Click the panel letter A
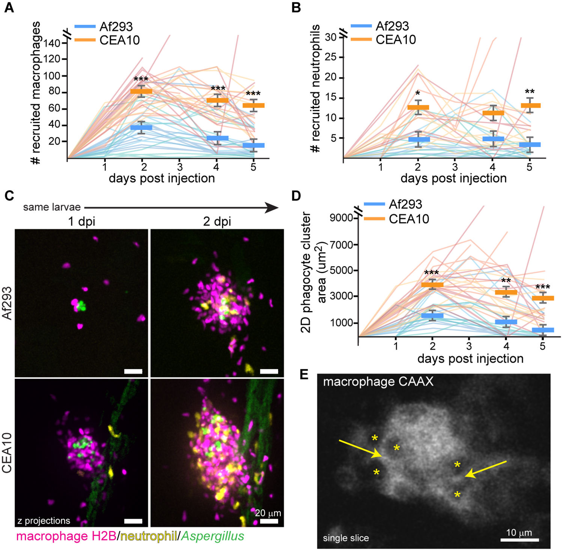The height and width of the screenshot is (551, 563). click(9, 7)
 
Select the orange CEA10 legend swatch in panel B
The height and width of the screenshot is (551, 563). click(361, 39)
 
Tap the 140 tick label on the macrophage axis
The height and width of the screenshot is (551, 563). click(52, 43)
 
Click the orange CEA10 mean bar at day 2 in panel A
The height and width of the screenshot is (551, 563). click(141, 91)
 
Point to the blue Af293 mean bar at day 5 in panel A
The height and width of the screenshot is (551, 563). click(253, 145)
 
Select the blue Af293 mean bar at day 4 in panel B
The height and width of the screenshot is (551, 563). click(493, 139)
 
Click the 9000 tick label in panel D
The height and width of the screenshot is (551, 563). click(342, 218)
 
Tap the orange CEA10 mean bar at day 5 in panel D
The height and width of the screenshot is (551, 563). click(543, 298)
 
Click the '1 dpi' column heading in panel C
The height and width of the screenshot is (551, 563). click(81, 221)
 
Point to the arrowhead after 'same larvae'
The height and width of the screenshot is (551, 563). click(272, 207)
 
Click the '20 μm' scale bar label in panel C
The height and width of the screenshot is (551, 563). click(268, 513)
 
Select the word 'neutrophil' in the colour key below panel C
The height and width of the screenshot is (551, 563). click(149, 536)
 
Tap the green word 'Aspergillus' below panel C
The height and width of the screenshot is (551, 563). click(213, 536)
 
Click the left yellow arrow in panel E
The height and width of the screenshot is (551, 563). click(360, 449)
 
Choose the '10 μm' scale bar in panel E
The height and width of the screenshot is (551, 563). click(519, 540)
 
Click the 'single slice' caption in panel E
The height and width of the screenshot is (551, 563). click(346, 538)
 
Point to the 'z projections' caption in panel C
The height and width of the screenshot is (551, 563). click(44, 521)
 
